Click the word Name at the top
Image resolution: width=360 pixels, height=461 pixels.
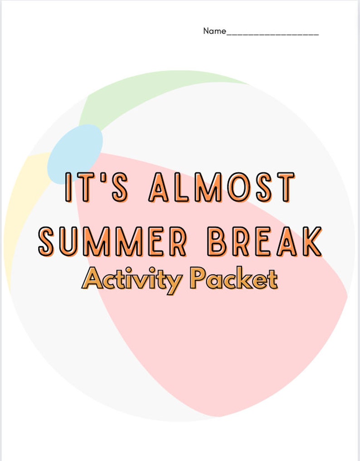(x=214, y=31)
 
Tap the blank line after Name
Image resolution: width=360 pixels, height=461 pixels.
(x=272, y=33)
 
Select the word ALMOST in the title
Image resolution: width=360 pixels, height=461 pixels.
(x=222, y=187)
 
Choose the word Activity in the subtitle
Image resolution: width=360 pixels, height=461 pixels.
(x=132, y=279)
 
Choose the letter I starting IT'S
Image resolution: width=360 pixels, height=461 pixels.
(x=69, y=187)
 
